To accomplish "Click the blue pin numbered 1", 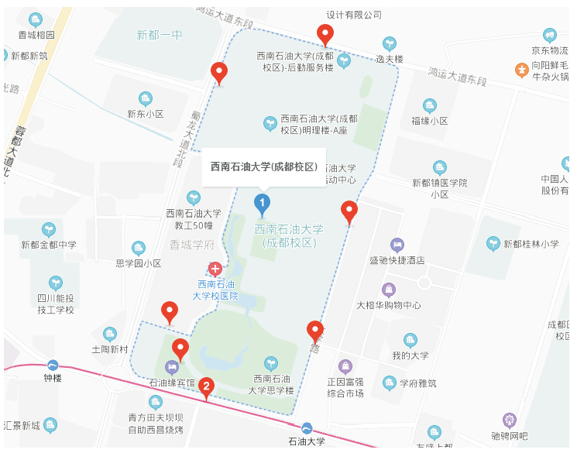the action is click(x=263, y=205).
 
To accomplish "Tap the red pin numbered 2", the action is click(x=206, y=386).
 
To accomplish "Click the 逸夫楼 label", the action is click(x=390, y=59).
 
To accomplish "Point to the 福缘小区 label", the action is click(x=430, y=121).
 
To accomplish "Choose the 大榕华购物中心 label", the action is click(x=389, y=304).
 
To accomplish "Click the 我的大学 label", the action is click(x=410, y=355).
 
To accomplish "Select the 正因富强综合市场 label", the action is click(x=345, y=388).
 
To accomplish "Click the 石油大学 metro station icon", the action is click(x=307, y=428).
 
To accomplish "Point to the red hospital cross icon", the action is click(x=215, y=269).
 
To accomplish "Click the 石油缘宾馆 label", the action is click(x=172, y=383).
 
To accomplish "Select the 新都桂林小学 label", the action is click(x=531, y=244).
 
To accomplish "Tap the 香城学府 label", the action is click(x=191, y=245).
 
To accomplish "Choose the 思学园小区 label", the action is click(x=139, y=263).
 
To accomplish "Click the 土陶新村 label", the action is click(x=109, y=349).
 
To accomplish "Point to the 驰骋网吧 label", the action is click(x=510, y=436).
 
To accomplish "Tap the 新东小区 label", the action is click(x=146, y=113).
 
